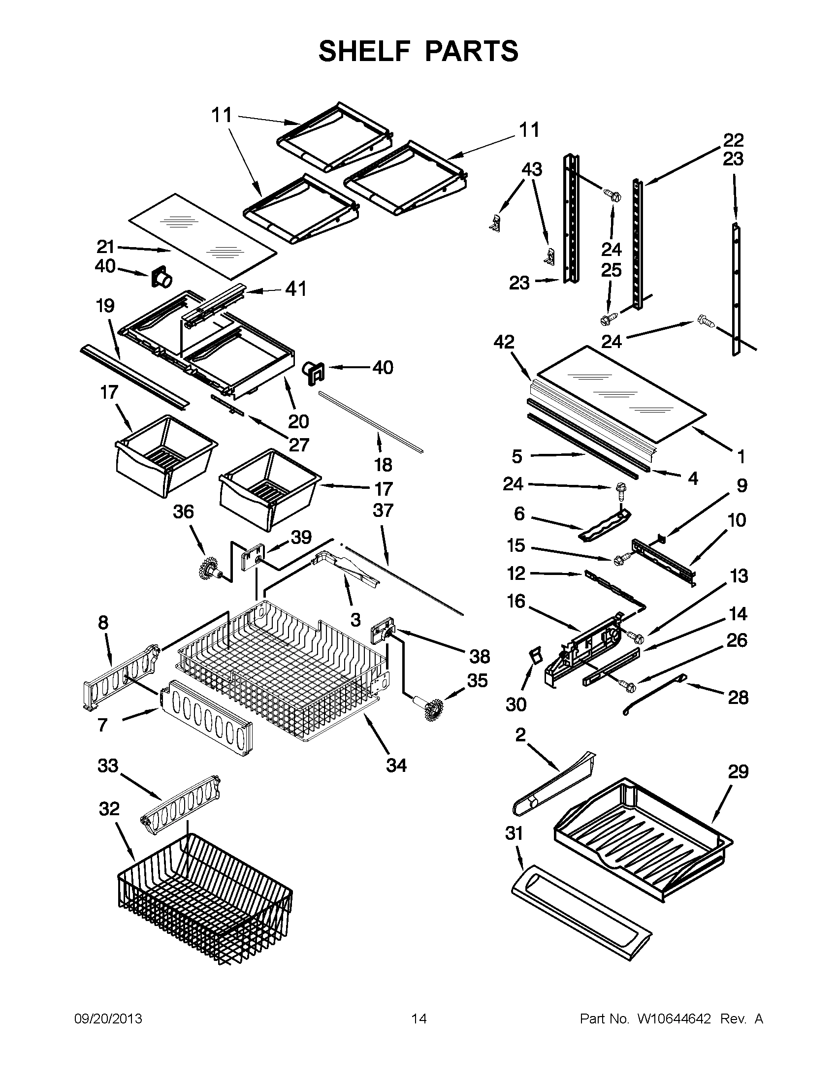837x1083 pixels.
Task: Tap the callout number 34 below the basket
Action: point(396,765)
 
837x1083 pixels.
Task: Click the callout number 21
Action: point(105,247)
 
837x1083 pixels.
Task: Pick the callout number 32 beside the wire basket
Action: point(109,809)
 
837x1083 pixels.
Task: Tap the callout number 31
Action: point(514,833)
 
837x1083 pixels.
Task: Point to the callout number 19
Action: point(105,306)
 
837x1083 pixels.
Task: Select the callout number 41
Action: point(295,288)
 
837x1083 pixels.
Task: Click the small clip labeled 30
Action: point(534,656)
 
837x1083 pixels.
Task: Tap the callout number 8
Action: point(103,622)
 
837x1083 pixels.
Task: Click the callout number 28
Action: point(738,698)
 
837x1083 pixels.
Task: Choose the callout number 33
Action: point(108,765)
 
